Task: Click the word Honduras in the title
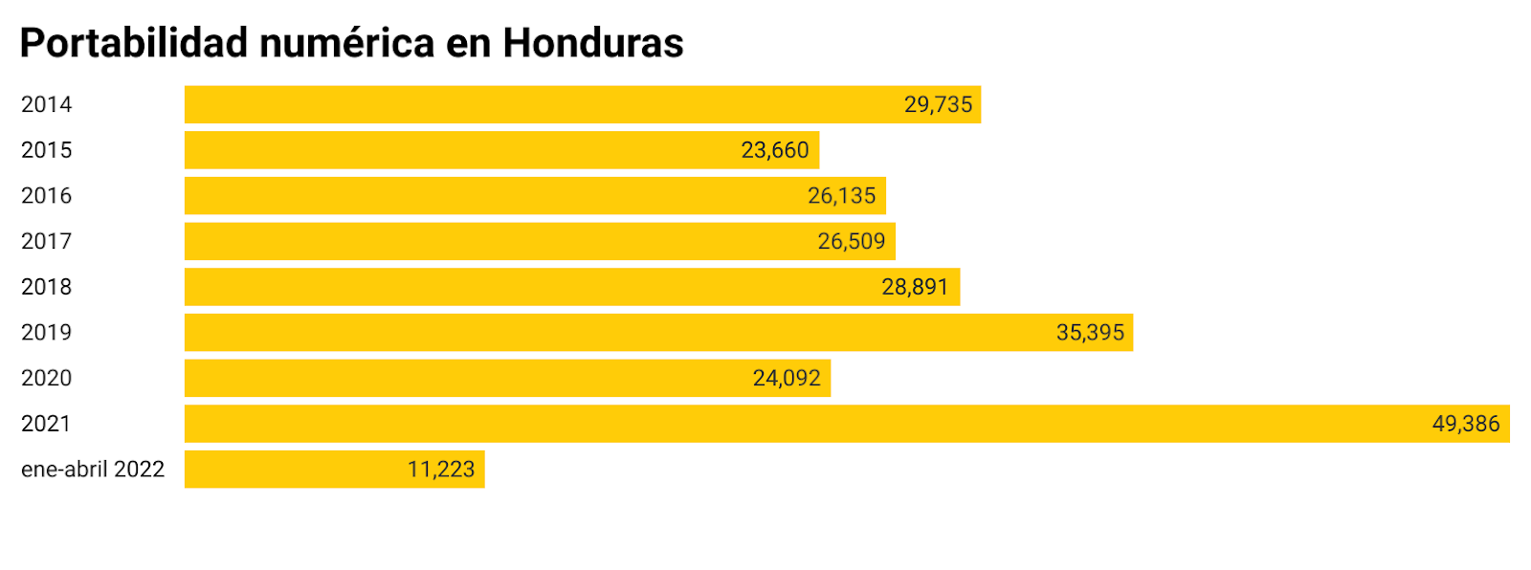[593, 43]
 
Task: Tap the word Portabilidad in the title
[134, 43]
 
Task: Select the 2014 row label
[46, 104]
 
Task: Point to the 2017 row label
[46, 241]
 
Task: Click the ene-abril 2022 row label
[93, 469]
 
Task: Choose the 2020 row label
[46, 378]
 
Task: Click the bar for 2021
[765, 424]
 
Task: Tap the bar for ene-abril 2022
[287, 469]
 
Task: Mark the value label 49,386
[1465, 424]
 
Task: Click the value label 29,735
[938, 104]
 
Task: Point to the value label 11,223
[441, 469]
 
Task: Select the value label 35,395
[1090, 332]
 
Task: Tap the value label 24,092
[787, 378]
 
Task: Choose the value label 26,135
[841, 195]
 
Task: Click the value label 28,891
[915, 287]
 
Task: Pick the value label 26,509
[852, 241]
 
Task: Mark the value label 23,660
[775, 150]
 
